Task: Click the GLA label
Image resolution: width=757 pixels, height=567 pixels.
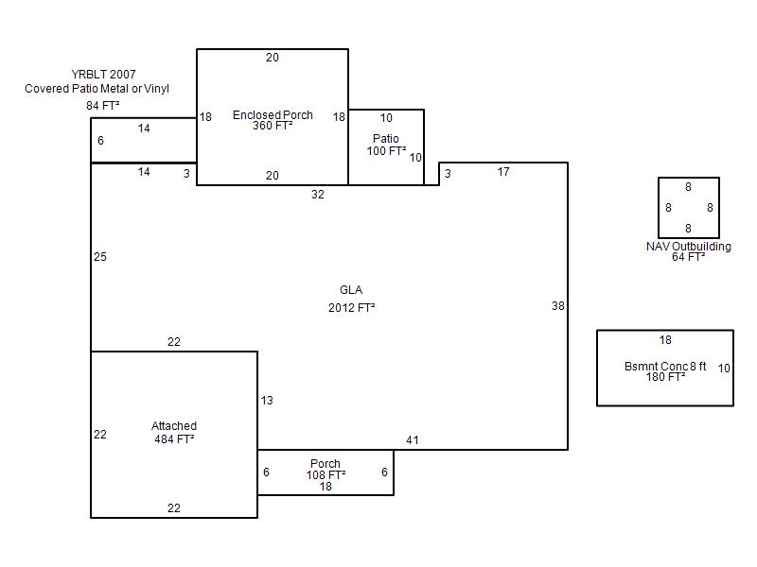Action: tap(351, 290)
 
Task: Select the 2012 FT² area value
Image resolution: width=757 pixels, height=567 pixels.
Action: tap(351, 308)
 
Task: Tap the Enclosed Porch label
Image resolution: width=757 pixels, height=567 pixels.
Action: tap(273, 114)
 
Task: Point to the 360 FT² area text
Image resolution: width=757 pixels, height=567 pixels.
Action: tap(273, 126)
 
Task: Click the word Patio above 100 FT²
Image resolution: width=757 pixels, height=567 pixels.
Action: tap(386, 139)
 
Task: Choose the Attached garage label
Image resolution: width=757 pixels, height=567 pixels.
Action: tap(174, 426)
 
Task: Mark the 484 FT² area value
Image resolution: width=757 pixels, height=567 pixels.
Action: tap(174, 438)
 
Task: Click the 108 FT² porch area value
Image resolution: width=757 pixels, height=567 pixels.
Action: tap(326, 475)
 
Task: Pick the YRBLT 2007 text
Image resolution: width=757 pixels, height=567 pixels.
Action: tap(103, 75)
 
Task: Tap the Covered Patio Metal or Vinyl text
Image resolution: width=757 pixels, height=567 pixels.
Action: tap(97, 89)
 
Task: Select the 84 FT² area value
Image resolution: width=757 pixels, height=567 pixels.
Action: tap(102, 105)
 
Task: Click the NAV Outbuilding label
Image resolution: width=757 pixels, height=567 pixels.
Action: tap(689, 247)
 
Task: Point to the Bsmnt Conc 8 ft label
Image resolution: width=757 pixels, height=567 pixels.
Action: tap(665, 367)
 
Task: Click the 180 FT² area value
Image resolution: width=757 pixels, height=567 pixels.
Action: tap(665, 376)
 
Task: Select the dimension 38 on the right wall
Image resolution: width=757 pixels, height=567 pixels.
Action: tap(558, 305)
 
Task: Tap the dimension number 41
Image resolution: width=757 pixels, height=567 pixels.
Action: tap(413, 439)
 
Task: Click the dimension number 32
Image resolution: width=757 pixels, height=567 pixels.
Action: tap(318, 195)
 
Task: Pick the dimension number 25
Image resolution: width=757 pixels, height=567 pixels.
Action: tap(100, 256)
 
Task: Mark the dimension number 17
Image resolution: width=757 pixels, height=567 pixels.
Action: tap(503, 172)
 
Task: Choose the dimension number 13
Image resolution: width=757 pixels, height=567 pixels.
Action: tap(267, 400)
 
